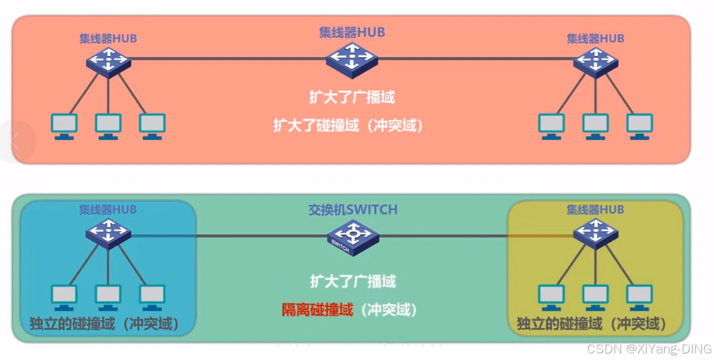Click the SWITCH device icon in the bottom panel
[x=353, y=237]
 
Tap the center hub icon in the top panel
[x=351, y=57]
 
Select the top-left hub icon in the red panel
[x=108, y=62]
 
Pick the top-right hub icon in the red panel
[x=595, y=62]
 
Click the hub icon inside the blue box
[x=108, y=233]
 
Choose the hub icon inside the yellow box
[x=595, y=233]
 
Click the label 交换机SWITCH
[x=353, y=209]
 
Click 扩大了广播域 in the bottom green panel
[x=353, y=282]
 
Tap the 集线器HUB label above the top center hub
[x=351, y=32]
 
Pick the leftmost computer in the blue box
[x=64, y=297]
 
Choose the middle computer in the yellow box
[x=595, y=297]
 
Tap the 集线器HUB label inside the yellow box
[x=595, y=210]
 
